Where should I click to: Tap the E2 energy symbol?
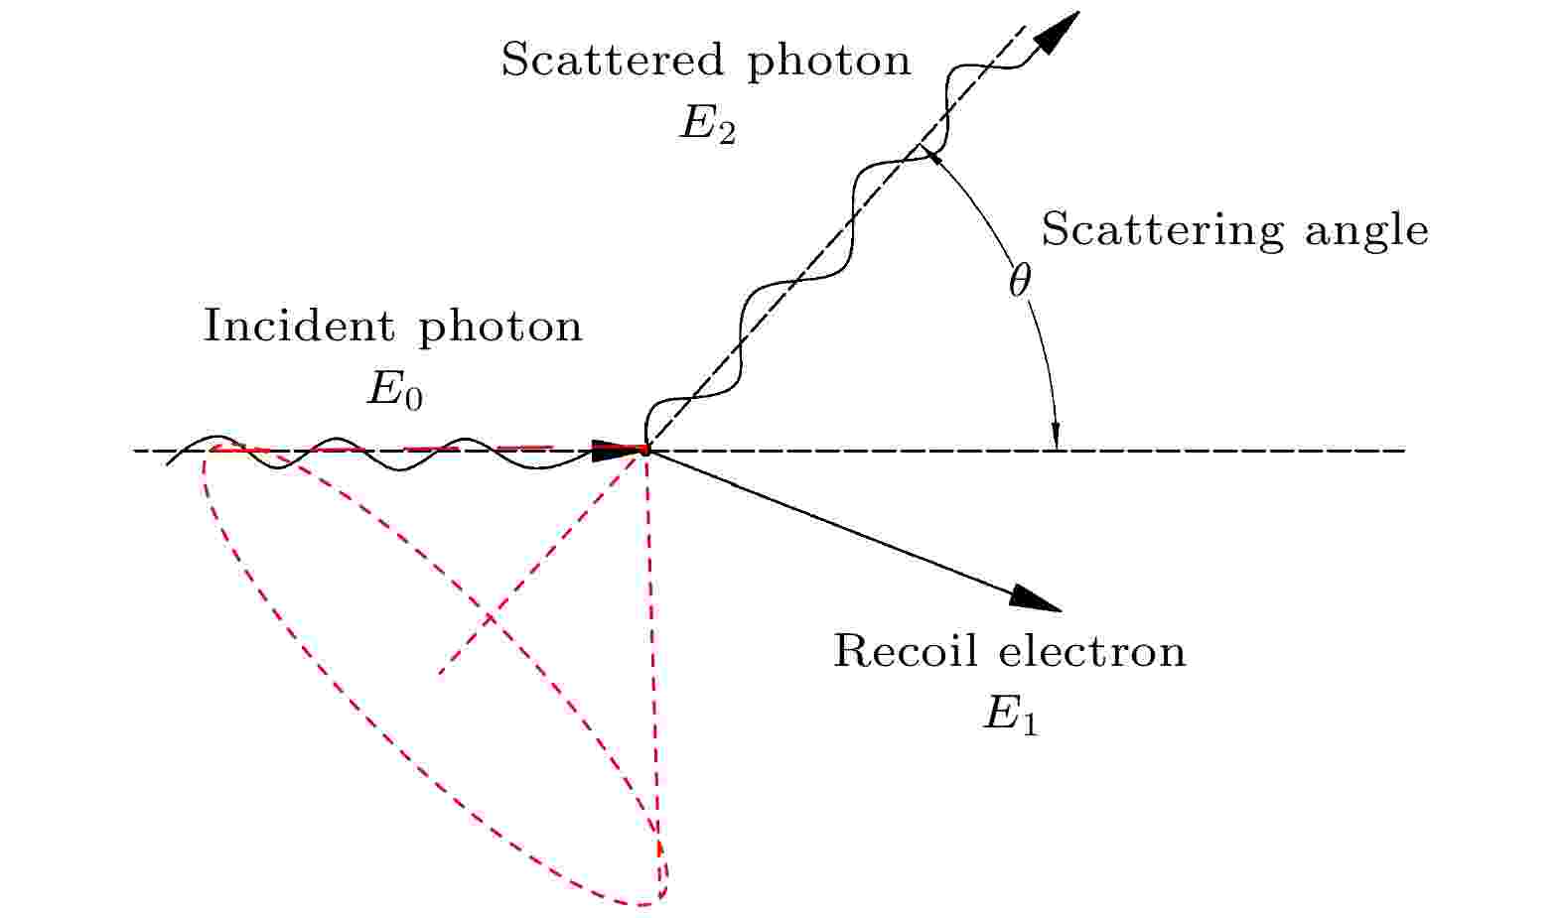pyautogui.click(x=707, y=126)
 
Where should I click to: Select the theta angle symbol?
pyautogui.click(x=1020, y=281)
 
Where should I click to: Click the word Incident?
pyautogui.click(x=298, y=326)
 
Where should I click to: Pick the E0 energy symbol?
pyautogui.click(x=394, y=391)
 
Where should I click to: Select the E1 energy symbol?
pyautogui.click(x=1010, y=717)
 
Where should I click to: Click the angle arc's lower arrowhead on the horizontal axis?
pyautogui.click(x=1057, y=436)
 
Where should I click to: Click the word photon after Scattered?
pyautogui.click(x=829, y=63)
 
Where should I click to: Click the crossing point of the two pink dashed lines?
pyautogui.click(x=491, y=618)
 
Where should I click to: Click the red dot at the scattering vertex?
pyautogui.click(x=645, y=451)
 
